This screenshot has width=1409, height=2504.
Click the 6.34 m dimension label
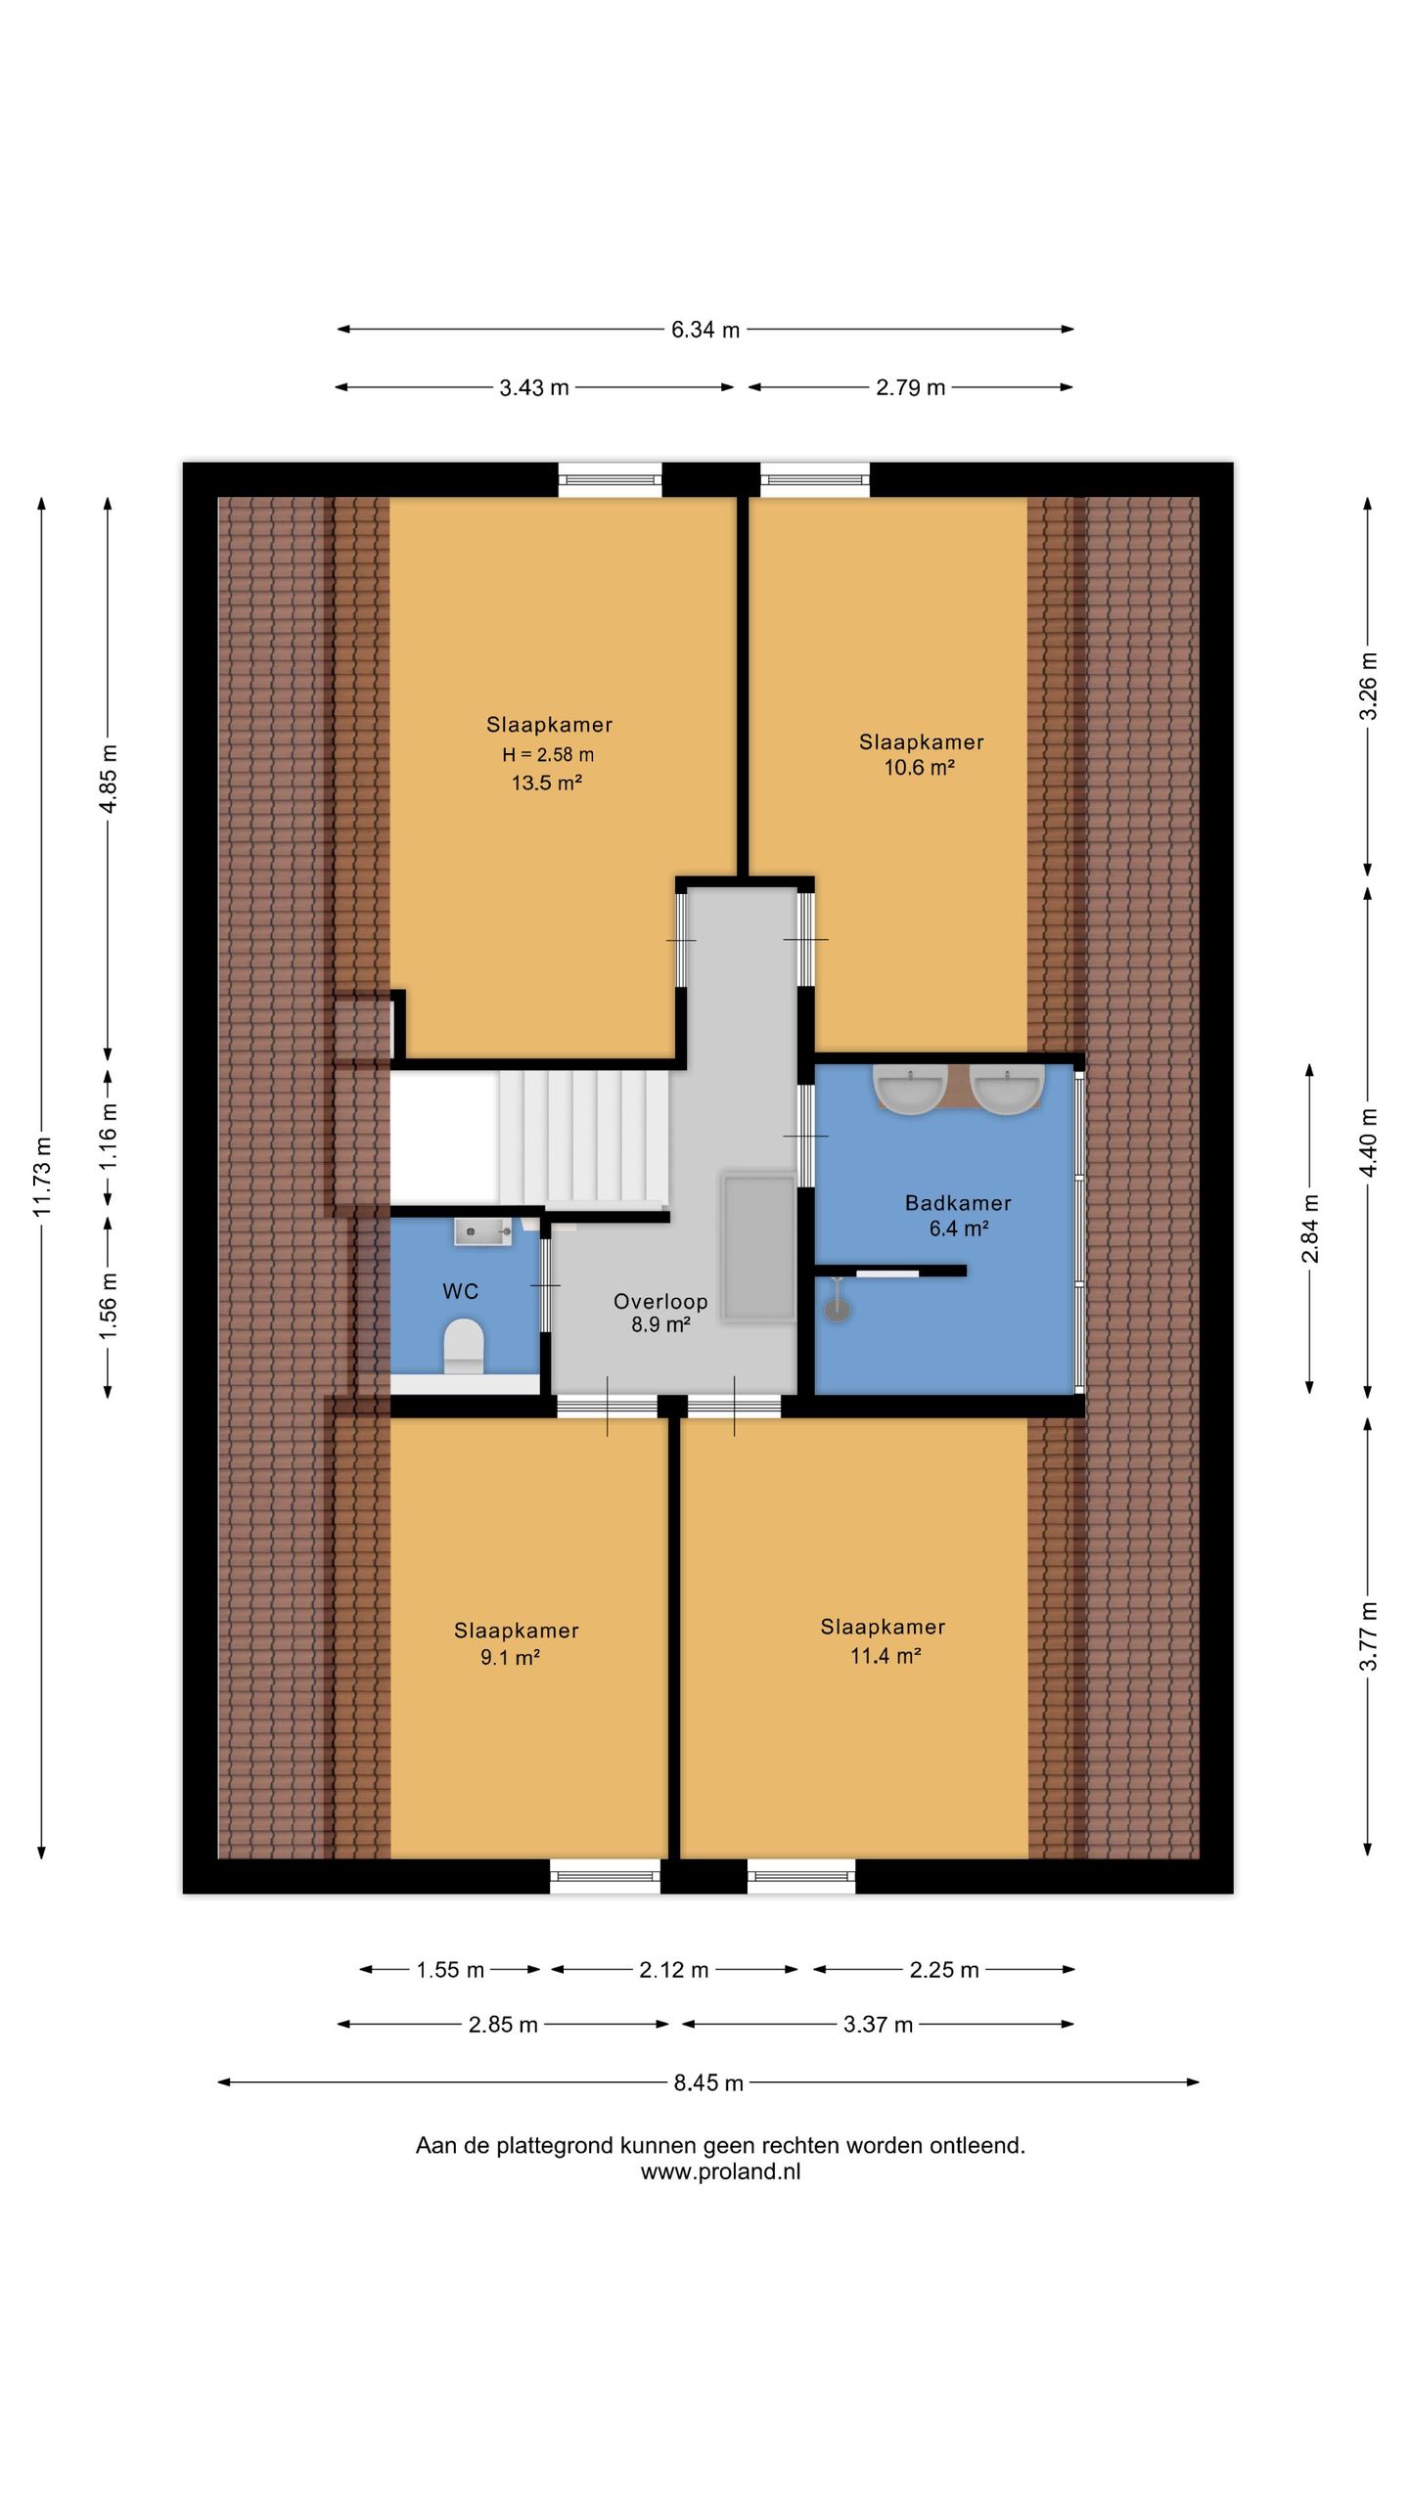(x=704, y=330)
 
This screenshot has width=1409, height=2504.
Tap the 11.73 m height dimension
(x=42, y=1178)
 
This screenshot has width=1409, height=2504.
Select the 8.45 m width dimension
(x=707, y=2082)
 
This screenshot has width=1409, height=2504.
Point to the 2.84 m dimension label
(x=1310, y=1229)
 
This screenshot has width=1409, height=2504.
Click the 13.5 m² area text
(x=547, y=782)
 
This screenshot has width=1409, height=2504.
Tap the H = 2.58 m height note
(x=548, y=754)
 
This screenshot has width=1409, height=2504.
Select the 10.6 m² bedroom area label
(x=920, y=768)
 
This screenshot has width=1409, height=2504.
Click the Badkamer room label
(x=958, y=1203)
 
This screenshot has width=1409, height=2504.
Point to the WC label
(x=460, y=1291)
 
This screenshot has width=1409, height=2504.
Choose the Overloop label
(x=660, y=1301)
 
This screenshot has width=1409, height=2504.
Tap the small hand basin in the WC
(x=482, y=1231)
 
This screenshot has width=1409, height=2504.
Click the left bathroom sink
(x=910, y=1089)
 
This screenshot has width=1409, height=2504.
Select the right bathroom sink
(x=1006, y=1089)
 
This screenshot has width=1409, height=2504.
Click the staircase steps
(x=583, y=1137)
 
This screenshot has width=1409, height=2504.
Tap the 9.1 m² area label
(x=510, y=1657)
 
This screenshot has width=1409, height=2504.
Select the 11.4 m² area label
(x=886, y=1655)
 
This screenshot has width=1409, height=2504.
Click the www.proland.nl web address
(x=720, y=2171)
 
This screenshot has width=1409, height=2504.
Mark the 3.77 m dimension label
(x=1369, y=1636)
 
